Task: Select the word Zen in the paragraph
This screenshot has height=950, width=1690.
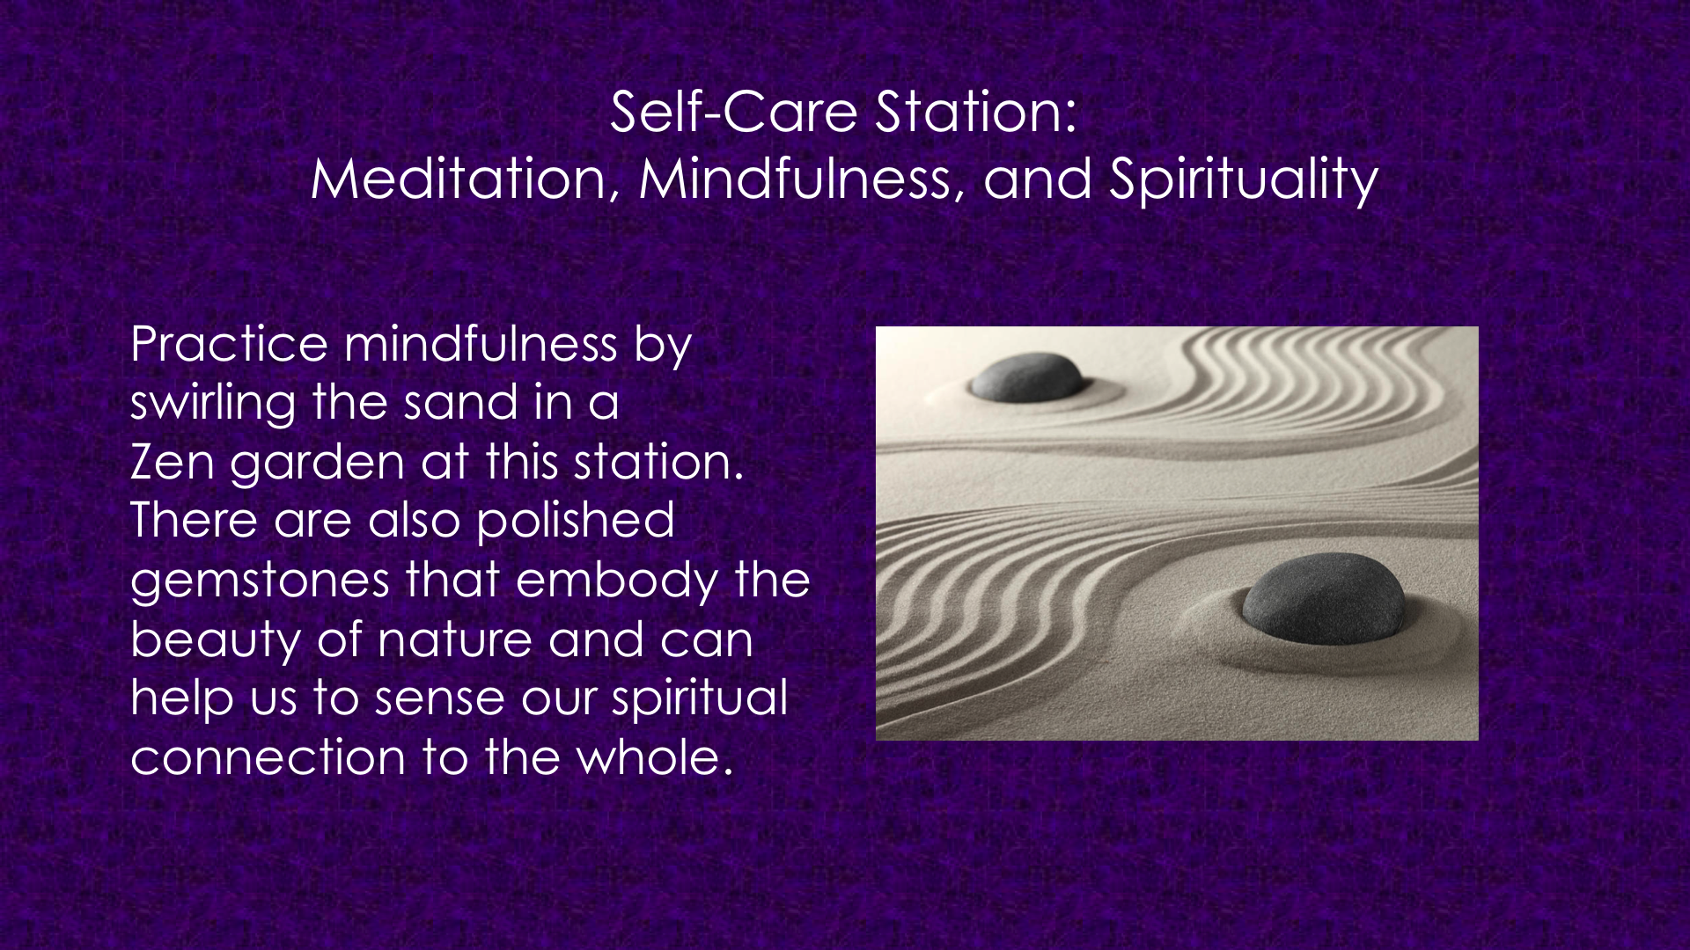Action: [x=173, y=462]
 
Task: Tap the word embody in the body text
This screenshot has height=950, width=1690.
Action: [x=616, y=581]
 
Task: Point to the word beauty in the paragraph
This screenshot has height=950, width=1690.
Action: [x=216, y=640]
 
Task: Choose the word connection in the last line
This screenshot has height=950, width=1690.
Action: [x=268, y=758]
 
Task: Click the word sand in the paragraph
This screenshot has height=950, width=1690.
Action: [x=461, y=403]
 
